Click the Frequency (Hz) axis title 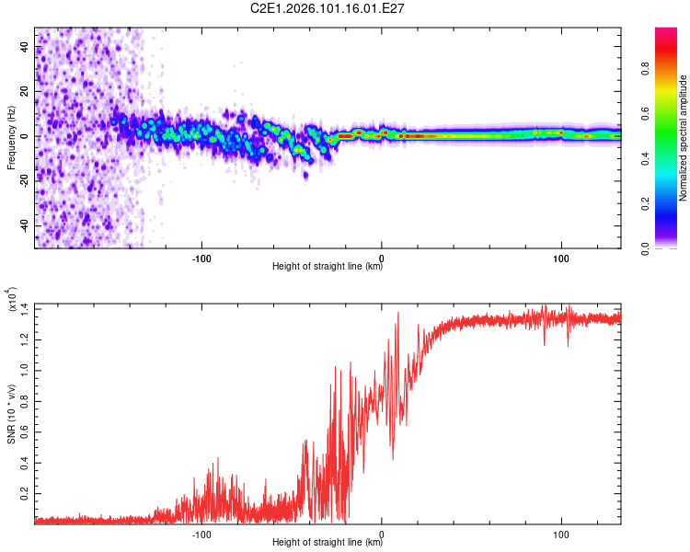(x=11, y=137)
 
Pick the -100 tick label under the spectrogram (x=201, y=257)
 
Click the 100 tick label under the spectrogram (x=561, y=257)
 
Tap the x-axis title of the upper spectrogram (x=328, y=268)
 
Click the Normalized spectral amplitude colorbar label (x=684, y=137)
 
